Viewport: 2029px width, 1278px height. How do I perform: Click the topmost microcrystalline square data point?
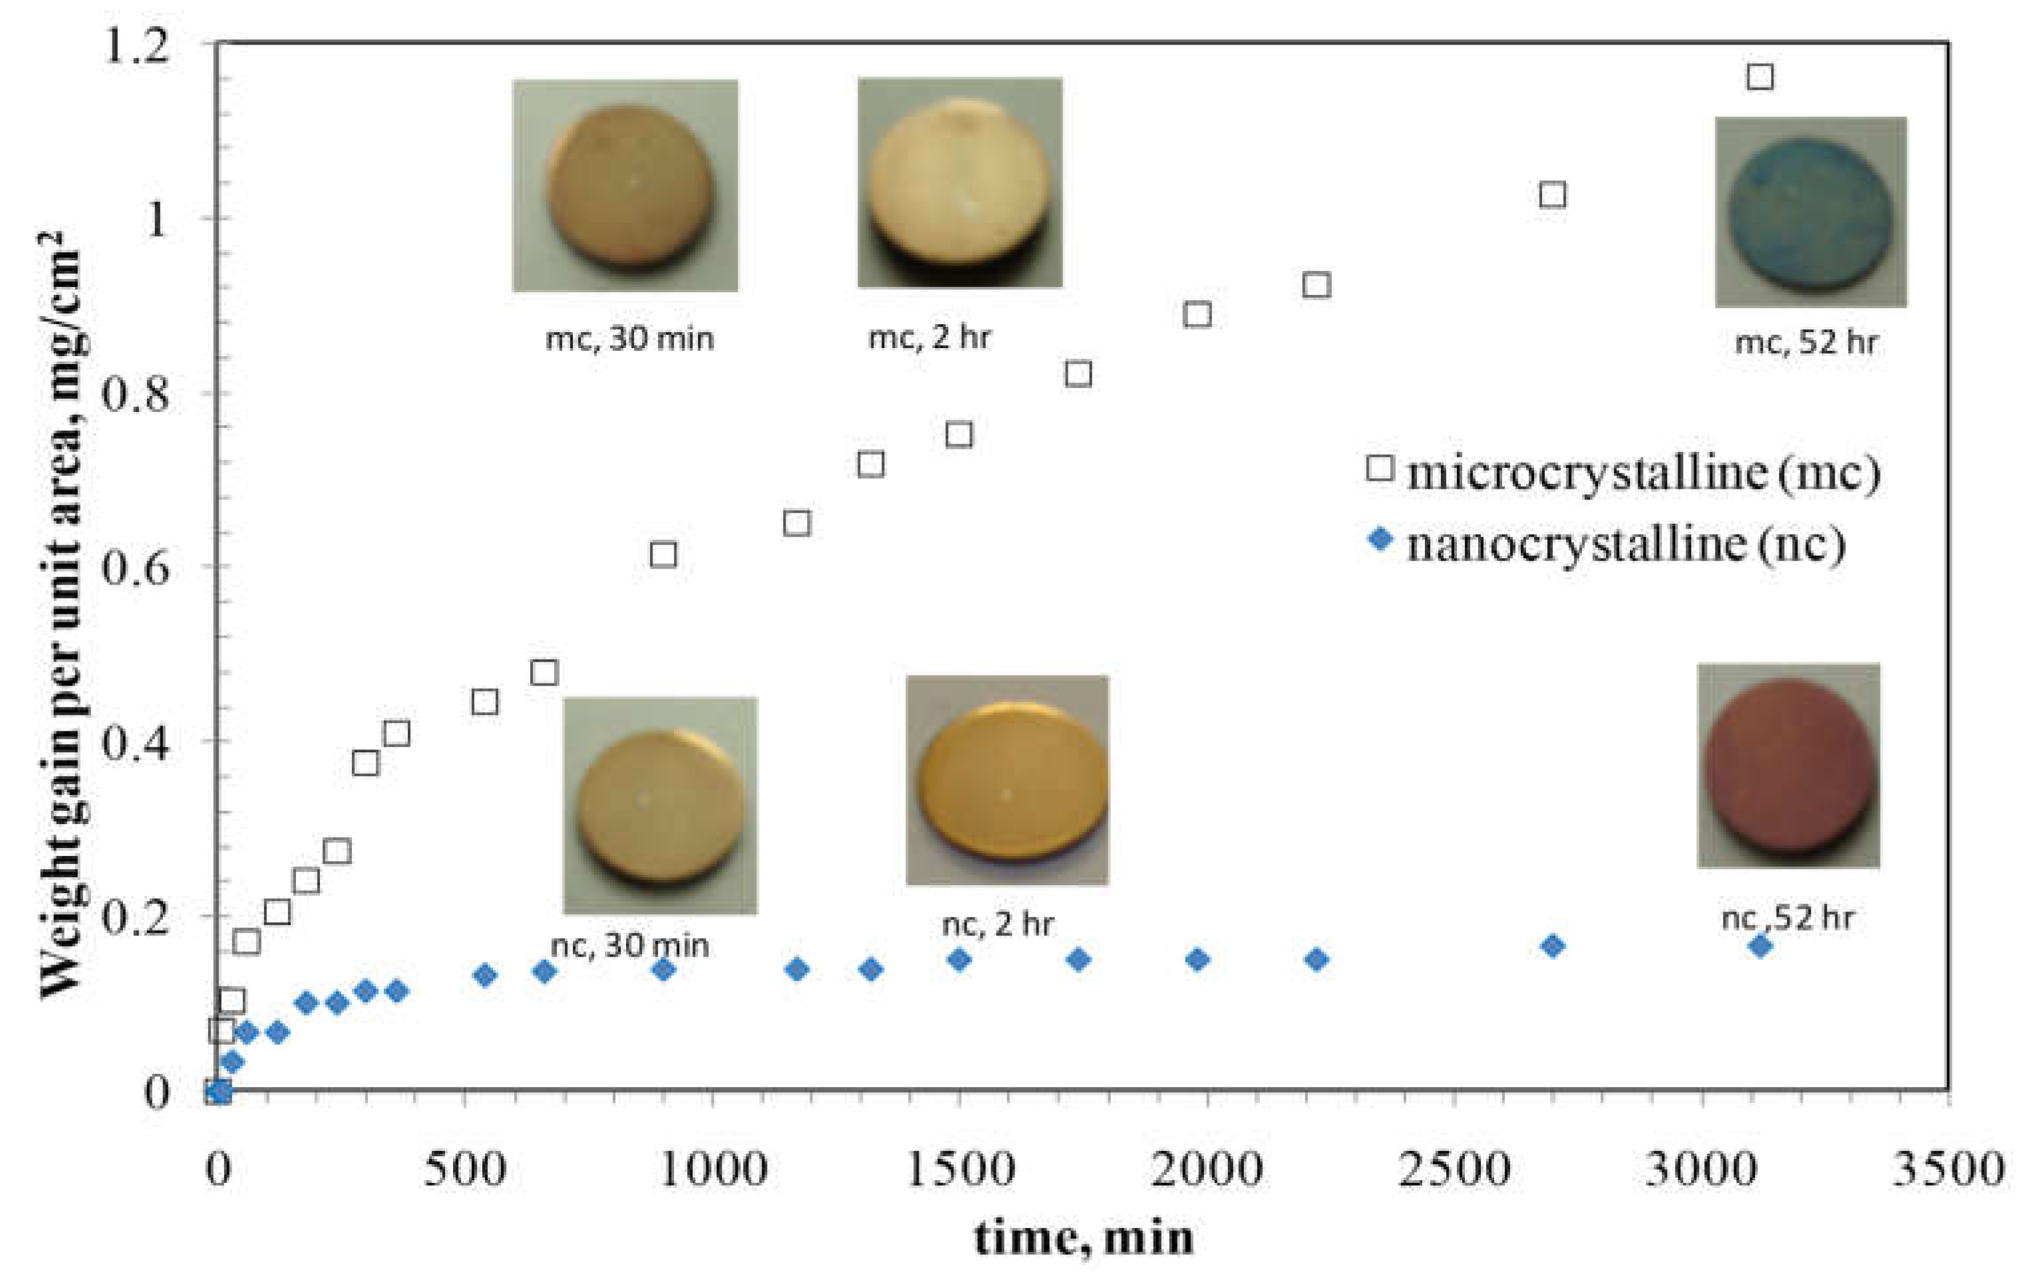point(1760,77)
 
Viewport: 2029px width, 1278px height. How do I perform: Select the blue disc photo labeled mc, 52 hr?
point(1811,212)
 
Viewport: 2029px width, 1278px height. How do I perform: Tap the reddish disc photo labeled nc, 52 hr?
point(1789,765)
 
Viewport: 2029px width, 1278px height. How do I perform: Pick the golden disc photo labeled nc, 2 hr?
point(1008,781)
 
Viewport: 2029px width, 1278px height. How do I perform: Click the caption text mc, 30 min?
point(629,339)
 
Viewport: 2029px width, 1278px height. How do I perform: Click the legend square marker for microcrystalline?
point(1379,467)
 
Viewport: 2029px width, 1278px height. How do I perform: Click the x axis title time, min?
point(1084,1237)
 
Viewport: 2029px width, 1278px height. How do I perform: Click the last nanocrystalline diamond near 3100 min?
point(1760,946)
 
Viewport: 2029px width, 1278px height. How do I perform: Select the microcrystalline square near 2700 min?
point(1552,195)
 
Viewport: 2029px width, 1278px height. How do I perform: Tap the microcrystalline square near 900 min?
point(663,554)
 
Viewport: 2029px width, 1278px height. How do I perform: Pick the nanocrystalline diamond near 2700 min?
point(1552,946)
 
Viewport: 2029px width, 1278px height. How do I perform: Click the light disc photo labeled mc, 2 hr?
point(960,183)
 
